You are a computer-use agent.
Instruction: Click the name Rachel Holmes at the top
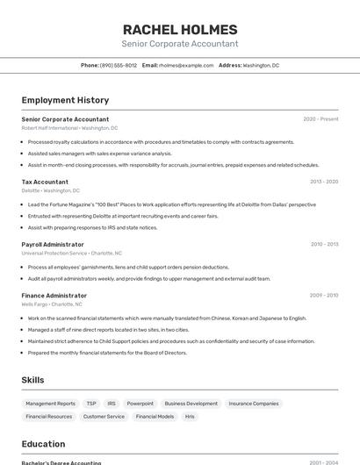[180, 30]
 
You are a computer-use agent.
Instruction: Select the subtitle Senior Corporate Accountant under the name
[180, 44]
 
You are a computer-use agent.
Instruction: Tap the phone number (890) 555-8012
[118, 65]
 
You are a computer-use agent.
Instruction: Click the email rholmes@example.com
[186, 65]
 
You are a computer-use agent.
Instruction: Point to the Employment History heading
[65, 100]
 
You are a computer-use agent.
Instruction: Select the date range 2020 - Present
[320, 119]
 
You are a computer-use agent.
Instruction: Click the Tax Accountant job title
[45, 182]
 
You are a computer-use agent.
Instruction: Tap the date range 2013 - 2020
[324, 182]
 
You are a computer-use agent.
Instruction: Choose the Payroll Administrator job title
[53, 245]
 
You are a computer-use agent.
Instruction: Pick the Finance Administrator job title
[54, 296]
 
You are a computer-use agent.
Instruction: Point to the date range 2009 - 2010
[324, 296]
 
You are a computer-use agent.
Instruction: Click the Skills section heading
[33, 380]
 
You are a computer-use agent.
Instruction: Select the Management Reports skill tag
[50, 404]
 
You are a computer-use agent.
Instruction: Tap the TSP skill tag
[91, 404]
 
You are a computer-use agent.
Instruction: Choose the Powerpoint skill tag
[140, 404]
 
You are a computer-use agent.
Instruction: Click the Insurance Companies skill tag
[254, 404]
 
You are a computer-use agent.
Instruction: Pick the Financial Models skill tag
[155, 417]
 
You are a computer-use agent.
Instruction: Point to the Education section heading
[43, 444]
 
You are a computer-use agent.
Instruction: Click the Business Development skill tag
[191, 404]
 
